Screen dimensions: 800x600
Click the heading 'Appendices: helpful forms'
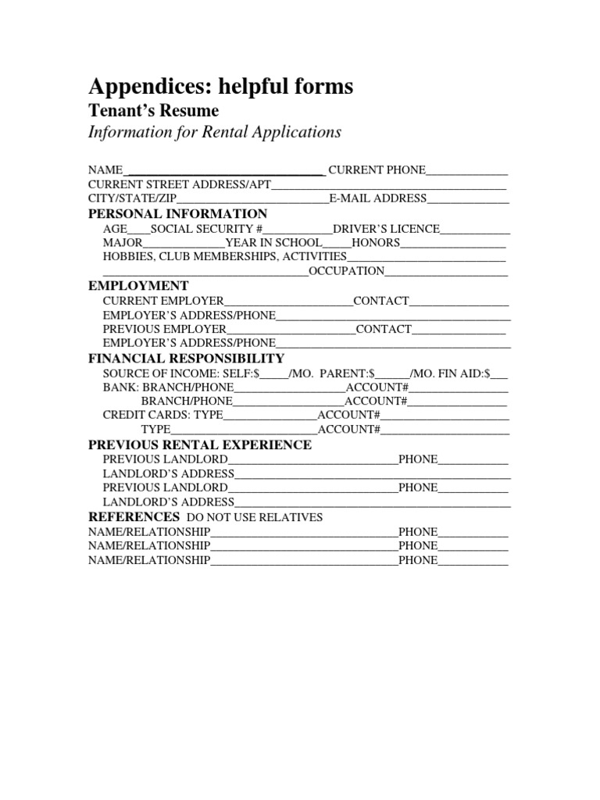[220, 87]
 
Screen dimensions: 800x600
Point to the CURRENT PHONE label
[377, 170]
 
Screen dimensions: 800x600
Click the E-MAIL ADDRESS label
[377, 198]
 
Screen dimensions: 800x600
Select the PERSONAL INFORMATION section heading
[177, 214]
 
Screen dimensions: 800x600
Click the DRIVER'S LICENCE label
[386, 229]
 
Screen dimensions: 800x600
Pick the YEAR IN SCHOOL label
[273, 243]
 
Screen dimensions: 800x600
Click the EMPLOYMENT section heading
[138, 286]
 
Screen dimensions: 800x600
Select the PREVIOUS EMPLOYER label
[164, 329]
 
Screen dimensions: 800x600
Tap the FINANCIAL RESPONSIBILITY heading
[186, 358]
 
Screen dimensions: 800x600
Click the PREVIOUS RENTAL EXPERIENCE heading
[199, 445]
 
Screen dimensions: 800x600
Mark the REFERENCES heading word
[134, 517]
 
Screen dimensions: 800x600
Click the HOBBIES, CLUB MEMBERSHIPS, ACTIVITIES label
[224, 256]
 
